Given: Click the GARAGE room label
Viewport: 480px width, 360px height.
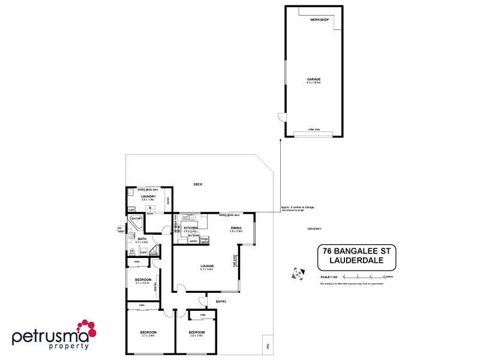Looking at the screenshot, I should (313, 79).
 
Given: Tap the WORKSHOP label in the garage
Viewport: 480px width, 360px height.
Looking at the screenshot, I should (320, 20).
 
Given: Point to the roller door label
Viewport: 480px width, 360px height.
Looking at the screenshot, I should (314, 129).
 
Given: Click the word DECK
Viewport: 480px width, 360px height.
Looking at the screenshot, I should (197, 184).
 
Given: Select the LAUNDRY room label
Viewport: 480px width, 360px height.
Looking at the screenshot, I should (148, 196).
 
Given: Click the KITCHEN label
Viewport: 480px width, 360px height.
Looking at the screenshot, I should (191, 228).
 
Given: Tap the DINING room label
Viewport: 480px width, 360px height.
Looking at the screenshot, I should (236, 228).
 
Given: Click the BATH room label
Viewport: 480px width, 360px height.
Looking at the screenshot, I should (142, 239).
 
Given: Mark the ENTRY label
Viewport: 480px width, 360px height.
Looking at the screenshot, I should (221, 301).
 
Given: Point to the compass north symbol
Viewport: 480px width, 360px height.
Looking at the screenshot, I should (295, 274).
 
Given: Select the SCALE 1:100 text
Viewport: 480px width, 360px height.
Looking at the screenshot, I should (329, 277).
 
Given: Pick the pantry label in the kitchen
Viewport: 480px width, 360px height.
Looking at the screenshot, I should (193, 241).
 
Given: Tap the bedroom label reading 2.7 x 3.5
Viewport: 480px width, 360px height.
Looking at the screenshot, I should (143, 280).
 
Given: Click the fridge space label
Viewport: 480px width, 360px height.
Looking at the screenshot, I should (205, 240).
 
